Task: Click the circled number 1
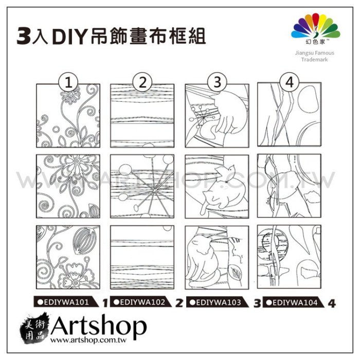[x=68, y=82]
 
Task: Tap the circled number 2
[x=142, y=82]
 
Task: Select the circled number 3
[x=217, y=82]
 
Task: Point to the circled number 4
[x=289, y=82]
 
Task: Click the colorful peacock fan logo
[x=316, y=26]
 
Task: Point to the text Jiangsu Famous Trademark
[x=315, y=56]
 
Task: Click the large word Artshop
[x=99, y=325]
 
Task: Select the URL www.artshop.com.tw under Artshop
[x=88, y=340]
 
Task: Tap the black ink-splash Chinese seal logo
[x=34, y=328]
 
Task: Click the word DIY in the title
[x=69, y=37]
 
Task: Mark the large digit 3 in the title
[x=24, y=36]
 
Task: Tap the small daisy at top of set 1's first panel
[x=71, y=94]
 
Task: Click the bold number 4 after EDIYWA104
[x=332, y=303]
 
